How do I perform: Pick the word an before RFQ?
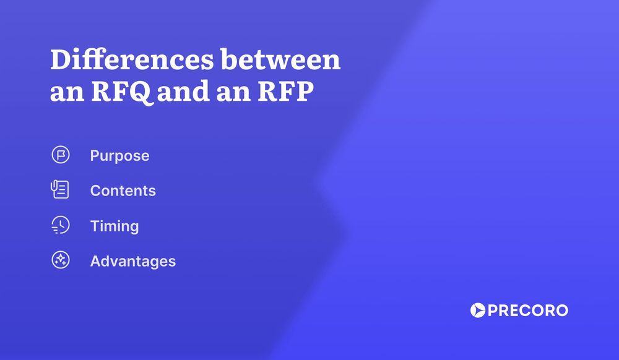pyautogui.click(x=65, y=94)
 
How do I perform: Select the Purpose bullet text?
pyautogui.click(x=119, y=156)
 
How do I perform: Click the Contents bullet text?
pyautogui.click(x=123, y=191)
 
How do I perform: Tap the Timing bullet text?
pyautogui.click(x=114, y=226)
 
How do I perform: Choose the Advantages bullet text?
pyautogui.click(x=132, y=262)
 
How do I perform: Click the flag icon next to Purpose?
pyautogui.click(x=61, y=155)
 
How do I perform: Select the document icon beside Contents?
pyautogui.click(x=60, y=190)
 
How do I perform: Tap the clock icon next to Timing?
pyautogui.click(x=61, y=226)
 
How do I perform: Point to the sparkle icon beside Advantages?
pyautogui.click(x=61, y=260)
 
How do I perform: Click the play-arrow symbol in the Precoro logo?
pyautogui.click(x=478, y=311)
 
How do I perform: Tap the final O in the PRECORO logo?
pyautogui.click(x=560, y=311)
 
